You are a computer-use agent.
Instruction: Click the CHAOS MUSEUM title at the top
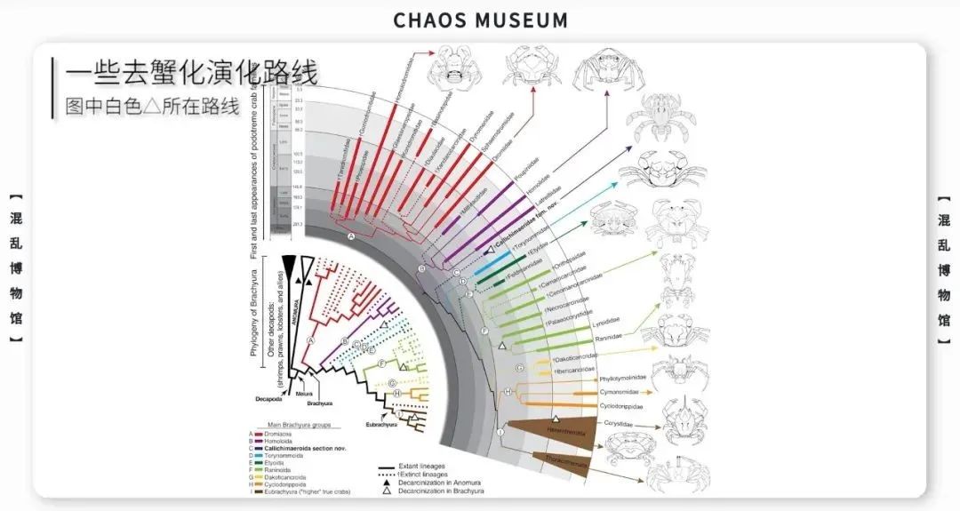(480, 19)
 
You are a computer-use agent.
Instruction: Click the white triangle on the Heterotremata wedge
(556, 417)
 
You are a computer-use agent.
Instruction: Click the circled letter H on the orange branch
(508, 391)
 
